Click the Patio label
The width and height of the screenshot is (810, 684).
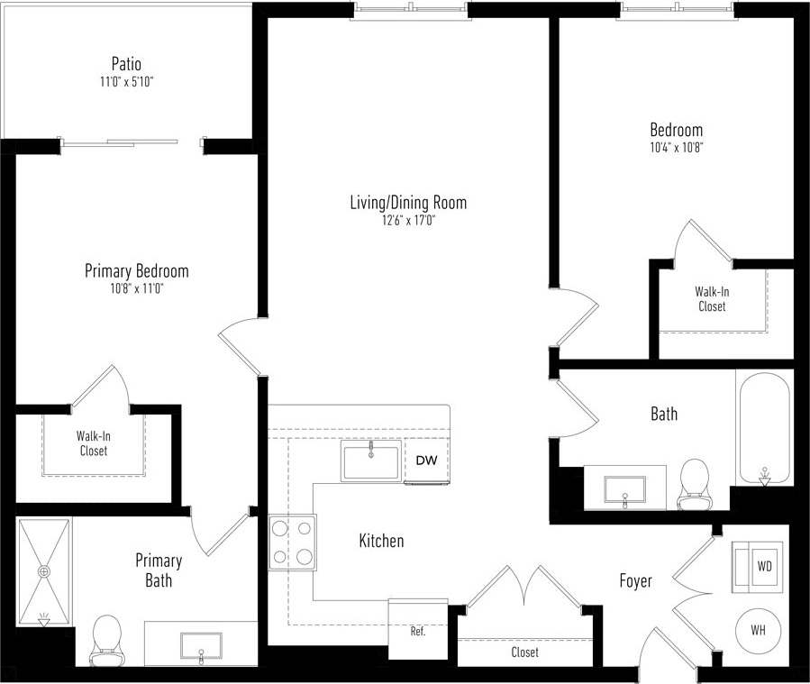coord(126,64)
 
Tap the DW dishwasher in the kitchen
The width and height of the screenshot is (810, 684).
coord(426,461)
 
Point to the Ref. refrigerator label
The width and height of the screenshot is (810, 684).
coord(418,631)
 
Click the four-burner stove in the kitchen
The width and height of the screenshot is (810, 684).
coord(293,542)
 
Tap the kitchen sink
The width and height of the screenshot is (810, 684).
coord(370,461)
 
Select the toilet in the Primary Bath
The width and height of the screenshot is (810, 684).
coord(107,639)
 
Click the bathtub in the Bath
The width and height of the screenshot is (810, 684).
coord(764,427)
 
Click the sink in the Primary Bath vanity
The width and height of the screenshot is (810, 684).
coord(201,646)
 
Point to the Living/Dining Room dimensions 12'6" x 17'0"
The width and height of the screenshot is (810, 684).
coord(408,221)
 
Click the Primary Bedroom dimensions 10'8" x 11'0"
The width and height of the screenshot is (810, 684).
coord(136,289)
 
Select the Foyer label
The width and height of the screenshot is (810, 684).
coord(635,581)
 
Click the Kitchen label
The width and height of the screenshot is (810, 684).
coord(381,541)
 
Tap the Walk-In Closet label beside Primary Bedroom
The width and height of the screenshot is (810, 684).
coord(93,443)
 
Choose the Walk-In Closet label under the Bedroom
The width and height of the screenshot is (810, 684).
coord(711,299)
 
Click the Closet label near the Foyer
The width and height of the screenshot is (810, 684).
coord(524,652)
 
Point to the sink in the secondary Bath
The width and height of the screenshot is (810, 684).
coord(625,488)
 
